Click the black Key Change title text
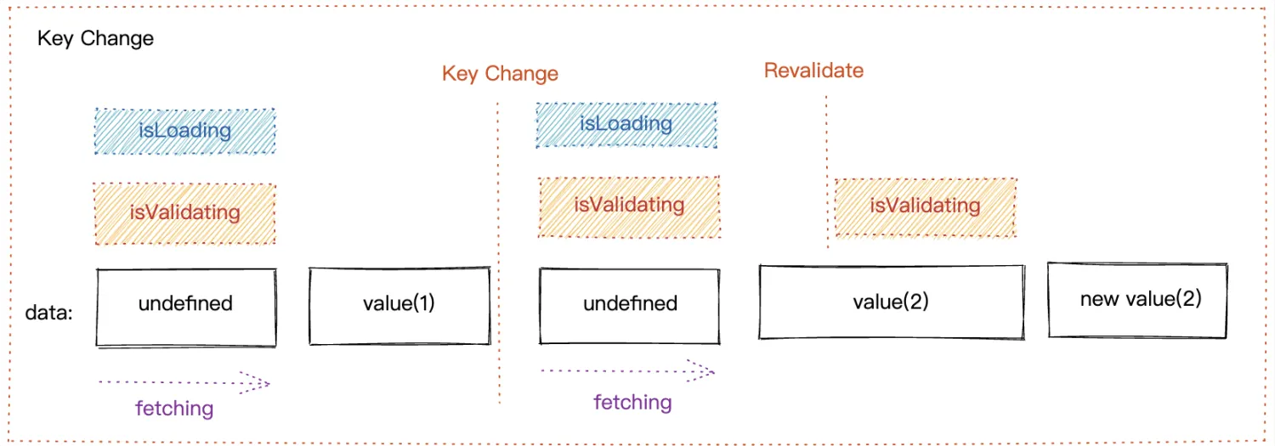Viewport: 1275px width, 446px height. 95,39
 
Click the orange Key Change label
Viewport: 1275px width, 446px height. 500,73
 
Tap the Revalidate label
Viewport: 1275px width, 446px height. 813,70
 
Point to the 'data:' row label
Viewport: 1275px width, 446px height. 49,313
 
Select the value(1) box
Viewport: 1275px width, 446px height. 399,306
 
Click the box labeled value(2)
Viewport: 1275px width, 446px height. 891,302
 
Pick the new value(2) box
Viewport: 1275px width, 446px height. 1140,299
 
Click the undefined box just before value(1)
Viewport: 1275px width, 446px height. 186,307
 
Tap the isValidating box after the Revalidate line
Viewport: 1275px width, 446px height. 925,206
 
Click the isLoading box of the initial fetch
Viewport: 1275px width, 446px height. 185,131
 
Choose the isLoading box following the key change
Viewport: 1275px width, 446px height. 626,124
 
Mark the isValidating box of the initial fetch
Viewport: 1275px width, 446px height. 185,213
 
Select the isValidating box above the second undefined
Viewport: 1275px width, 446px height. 629,206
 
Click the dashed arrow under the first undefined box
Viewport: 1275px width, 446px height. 184,382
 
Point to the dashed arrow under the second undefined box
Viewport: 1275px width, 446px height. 627,371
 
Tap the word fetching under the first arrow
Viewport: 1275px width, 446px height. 174,409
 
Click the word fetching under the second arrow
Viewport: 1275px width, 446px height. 632,402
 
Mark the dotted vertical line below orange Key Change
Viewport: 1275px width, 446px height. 498,255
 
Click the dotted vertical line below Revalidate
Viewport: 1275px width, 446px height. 827,170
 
